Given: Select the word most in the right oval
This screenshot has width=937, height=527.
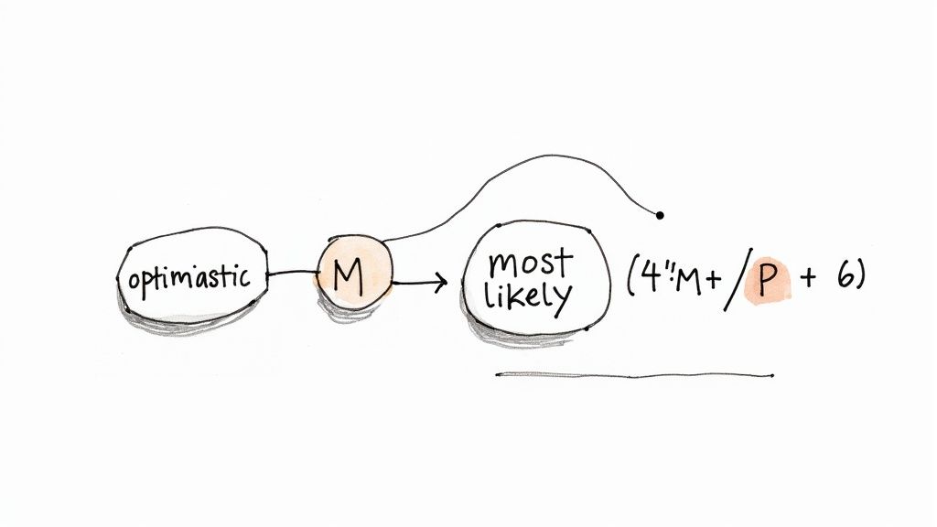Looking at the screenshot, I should (x=529, y=263).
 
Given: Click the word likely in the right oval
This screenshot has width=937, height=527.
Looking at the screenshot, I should (x=529, y=296).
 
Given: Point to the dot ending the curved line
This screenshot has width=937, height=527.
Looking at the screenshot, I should (x=660, y=215).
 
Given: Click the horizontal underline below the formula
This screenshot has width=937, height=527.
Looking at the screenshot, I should (x=631, y=375).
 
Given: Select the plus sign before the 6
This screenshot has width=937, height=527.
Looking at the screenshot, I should (x=808, y=279).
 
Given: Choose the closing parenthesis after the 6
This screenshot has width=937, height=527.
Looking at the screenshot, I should (x=860, y=277).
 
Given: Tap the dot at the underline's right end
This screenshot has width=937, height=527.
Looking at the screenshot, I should (x=772, y=375).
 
